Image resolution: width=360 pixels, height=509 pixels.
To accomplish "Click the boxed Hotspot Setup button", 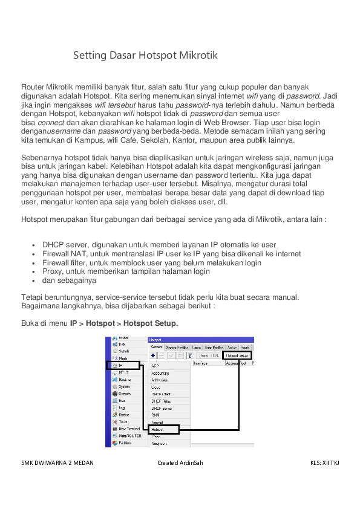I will [237, 356].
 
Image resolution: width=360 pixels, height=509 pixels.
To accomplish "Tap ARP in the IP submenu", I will [155, 366].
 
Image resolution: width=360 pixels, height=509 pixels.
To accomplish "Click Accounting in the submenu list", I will [160, 373].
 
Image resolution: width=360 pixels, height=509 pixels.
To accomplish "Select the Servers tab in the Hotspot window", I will [156, 348].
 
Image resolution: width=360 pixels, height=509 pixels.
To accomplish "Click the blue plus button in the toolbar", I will [153, 356].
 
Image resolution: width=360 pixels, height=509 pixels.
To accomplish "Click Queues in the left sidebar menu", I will [124, 393].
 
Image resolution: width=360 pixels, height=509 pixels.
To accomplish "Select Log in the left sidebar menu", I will [121, 407].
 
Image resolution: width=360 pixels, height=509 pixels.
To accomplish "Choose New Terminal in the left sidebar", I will [129, 428].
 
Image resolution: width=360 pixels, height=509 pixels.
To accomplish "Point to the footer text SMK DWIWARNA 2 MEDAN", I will [57, 463].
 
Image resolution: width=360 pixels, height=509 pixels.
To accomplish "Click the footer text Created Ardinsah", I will [180, 463].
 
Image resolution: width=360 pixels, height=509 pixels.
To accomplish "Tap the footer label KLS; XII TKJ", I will [324, 463].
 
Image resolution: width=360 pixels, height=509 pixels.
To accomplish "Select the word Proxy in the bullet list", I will [52, 272].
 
